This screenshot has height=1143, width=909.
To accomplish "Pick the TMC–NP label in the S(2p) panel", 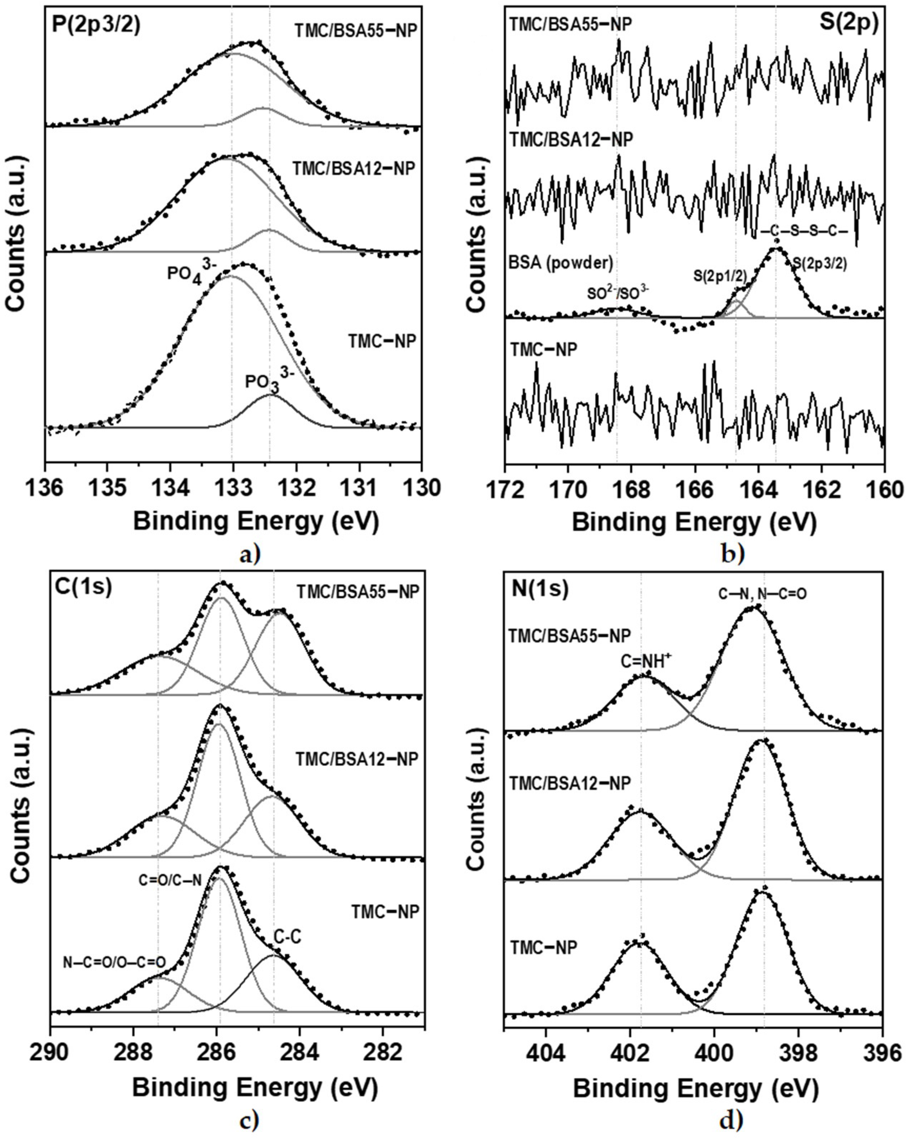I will coord(543,350).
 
